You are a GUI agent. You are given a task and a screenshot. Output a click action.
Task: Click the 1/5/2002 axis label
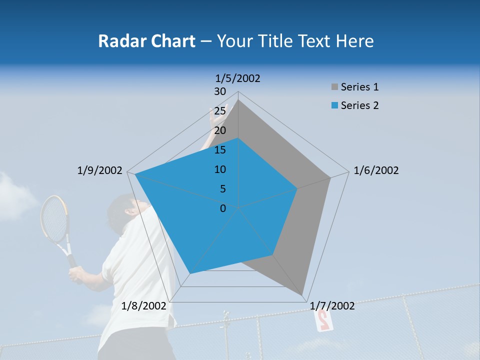pyautogui.click(x=238, y=78)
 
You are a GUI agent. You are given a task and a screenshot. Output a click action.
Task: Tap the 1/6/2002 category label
pyautogui.click(x=376, y=170)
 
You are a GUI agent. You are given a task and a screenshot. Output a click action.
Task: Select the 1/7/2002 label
pyautogui.click(x=332, y=306)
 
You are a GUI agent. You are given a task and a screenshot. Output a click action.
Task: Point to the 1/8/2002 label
pyautogui.click(x=144, y=306)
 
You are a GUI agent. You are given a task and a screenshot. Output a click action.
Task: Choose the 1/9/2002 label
pyautogui.click(x=100, y=170)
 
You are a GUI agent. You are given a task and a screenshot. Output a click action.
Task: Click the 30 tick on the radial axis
pyautogui.click(x=219, y=91)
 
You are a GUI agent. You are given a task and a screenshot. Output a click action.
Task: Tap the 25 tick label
pyautogui.click(x=219, y=111)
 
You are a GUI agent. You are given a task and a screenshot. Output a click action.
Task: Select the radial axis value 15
pyautogui.click(x=219, y=150)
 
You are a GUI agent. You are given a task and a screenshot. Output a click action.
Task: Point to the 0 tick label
pyautogui.click(x=223, y=208)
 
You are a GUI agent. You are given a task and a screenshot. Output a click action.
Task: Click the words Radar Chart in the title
pyautogui.click(x=146, y=41)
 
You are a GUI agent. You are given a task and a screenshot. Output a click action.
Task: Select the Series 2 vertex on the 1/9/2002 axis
pyautogui.click(x=135, y=174)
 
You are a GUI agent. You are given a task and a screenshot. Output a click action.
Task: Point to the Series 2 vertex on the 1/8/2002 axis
pyautogui.click(x=189, y=273)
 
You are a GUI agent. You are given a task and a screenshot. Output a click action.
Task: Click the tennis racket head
pyautogui.click(x=54, y=218)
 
